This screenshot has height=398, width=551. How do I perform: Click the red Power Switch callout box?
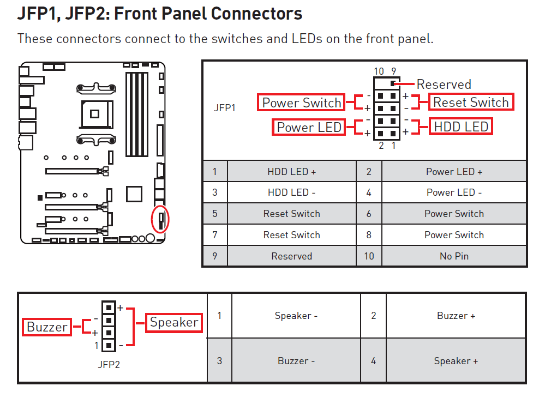click(x=301, y=102)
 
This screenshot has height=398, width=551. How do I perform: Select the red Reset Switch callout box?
click(x=471, y=102)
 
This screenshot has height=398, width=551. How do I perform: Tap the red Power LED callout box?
click(x=309, y=127)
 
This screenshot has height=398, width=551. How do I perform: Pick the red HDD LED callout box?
click(x=461, y=126)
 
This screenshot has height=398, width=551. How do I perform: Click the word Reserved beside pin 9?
click(x=444, y=85)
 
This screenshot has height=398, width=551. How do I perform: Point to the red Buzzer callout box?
click(x=47, y=327)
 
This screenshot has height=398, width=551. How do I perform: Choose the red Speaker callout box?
click(x=174, y=322)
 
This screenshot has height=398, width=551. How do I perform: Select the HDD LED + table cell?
click(x=292, y=171)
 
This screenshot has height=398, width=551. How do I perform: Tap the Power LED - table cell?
click(x=454, y=192)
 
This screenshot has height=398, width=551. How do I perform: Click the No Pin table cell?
click(x=454, y=256)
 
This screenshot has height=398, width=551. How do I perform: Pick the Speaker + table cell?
click(x=456, y=361)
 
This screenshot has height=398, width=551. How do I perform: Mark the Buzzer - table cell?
click(x=296, y=361)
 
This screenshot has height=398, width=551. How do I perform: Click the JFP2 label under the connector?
click(x=109, y=365)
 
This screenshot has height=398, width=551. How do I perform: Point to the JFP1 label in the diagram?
click(x=225, y=108)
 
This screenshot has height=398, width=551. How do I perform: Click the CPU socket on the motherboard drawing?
click(x=95, y=114)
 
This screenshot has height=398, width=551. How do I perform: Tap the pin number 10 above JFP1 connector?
click(x=379, y=71)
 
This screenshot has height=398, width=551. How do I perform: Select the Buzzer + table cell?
click(x=456, y=316)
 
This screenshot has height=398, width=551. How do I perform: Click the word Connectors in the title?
click(x=256, y=14)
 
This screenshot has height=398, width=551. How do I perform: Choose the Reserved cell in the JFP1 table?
click(x=292, y=256)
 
